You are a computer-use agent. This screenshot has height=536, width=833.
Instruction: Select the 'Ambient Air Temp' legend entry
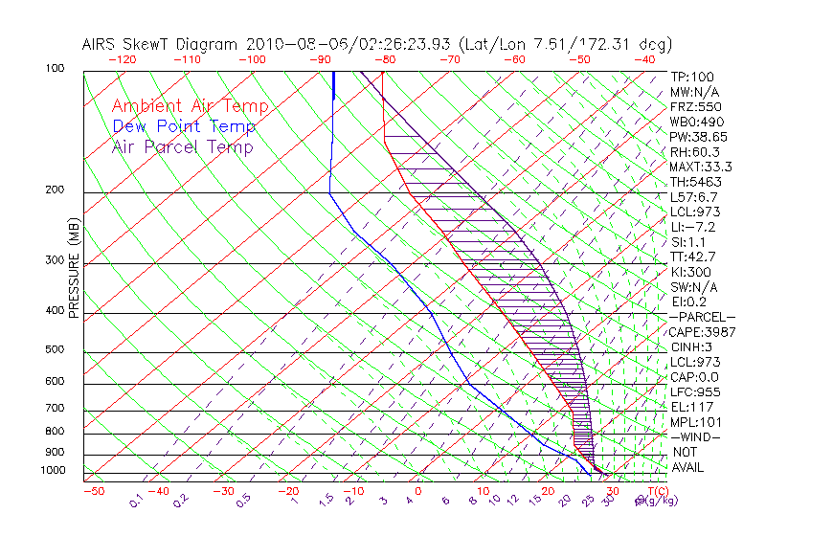tap(191, 106)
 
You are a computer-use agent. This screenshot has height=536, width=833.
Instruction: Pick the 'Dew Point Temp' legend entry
tap(184, 126)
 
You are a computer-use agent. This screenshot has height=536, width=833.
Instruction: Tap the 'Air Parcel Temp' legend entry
tap(183, 146)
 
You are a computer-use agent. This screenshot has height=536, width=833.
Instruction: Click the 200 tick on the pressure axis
tap(55, 190)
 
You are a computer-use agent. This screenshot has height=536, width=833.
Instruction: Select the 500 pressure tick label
tap(55, 349)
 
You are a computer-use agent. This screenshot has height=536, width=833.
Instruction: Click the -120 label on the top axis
tap(121, 59)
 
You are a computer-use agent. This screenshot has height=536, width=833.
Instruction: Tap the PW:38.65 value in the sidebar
tap(698, 137)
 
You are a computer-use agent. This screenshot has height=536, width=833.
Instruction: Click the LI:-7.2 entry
tap(693, 227)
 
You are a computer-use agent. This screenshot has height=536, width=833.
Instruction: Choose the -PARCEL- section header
tap(702, 317)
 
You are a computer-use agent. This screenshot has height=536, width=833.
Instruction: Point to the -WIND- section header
tap(696, 436)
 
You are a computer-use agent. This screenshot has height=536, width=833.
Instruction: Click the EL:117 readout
tap(690, 407)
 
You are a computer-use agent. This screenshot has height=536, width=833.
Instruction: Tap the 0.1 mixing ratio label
tap(137, 499)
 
